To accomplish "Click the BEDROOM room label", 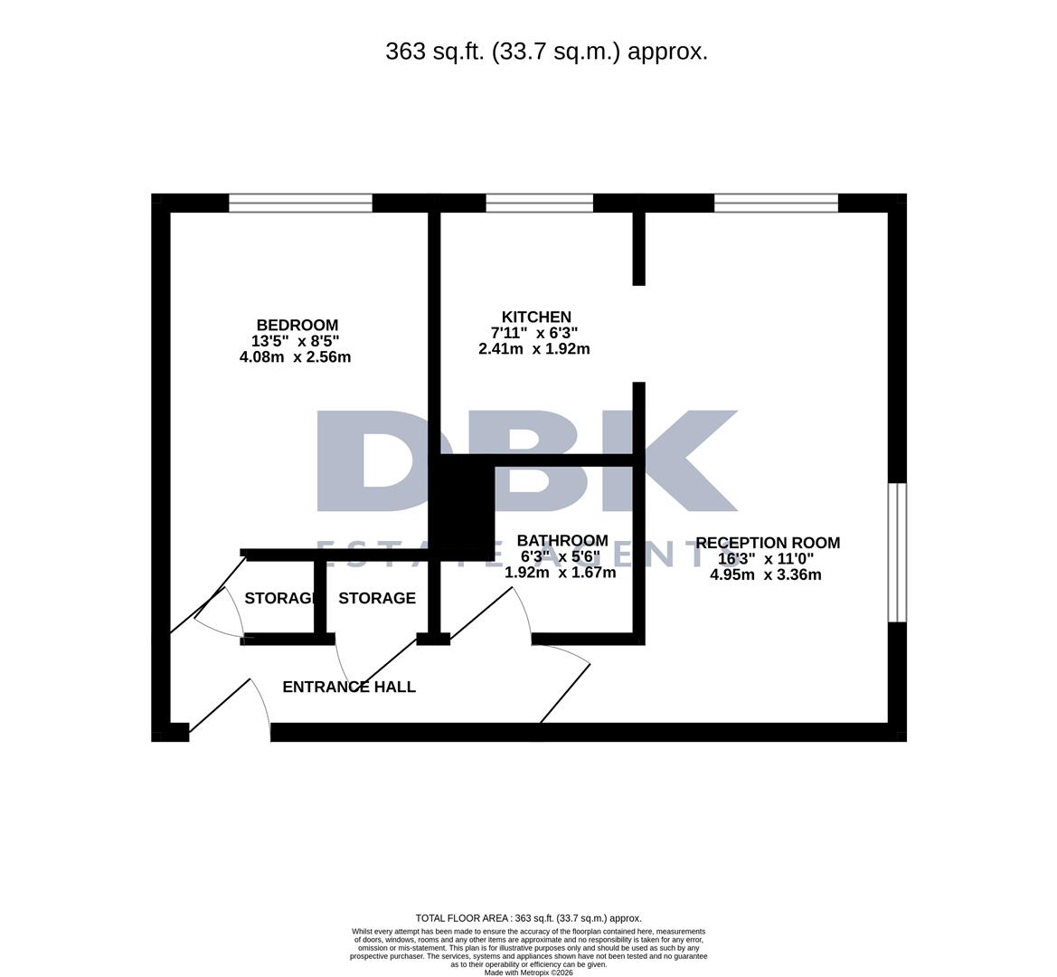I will click(x=297, y=326).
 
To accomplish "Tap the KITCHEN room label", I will click(x=536, y=318).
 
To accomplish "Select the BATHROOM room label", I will click(x=562, y=541).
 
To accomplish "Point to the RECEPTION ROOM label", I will click(x=768, y=543).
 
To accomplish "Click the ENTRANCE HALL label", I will click(x=349, y=688).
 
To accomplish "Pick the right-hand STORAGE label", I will click(x=377, y=599).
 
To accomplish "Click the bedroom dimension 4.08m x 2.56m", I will click(x=295, y=357).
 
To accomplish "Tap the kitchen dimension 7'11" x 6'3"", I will click(x=533, y=333).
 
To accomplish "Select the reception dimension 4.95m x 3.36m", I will click(x=766, y=574).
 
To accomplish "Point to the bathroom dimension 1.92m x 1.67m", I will click(x=560, y=573).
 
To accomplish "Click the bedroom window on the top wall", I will click(x=300, y=204).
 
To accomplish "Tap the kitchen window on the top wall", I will click(x=539, y=204).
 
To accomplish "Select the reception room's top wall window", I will click(x=776, y=204).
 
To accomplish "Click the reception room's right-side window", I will click(x=897, y=553).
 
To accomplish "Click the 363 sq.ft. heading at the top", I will click(x=546, y=52).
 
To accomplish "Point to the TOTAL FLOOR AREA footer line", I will click(x=528, y=918).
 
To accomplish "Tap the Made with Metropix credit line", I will click(x=528, y=972).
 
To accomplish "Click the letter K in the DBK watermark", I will click(x=687, y=461).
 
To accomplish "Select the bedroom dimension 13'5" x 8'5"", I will click(x=295, y=341).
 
